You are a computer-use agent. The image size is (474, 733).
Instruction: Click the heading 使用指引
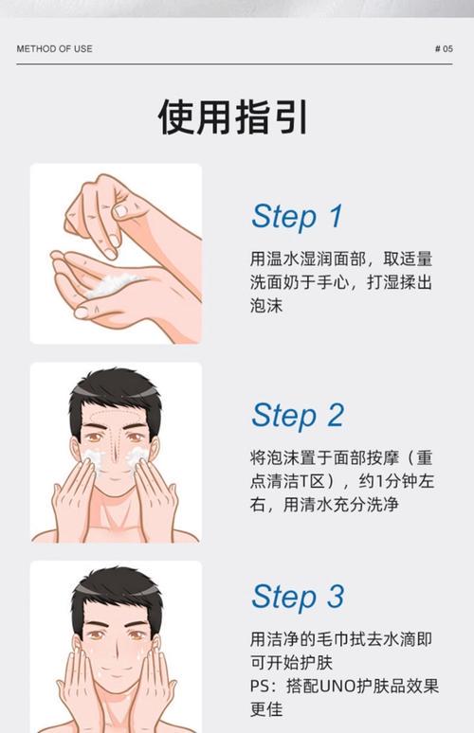pos(232,116)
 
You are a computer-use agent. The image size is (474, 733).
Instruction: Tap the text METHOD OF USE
pos(54,48)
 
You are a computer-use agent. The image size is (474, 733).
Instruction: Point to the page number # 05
pos(443,48)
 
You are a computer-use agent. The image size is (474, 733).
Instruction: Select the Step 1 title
pos(296,216)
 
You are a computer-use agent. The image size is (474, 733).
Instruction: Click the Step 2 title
pos(296,415)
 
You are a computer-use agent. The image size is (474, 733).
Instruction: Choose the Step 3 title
pos(296,597)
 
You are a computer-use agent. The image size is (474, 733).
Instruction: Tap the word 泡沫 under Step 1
pos(266,306)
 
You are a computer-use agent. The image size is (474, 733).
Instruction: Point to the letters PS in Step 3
pos(260,686)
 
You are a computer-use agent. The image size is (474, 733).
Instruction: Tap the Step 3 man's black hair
pos(115,588)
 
